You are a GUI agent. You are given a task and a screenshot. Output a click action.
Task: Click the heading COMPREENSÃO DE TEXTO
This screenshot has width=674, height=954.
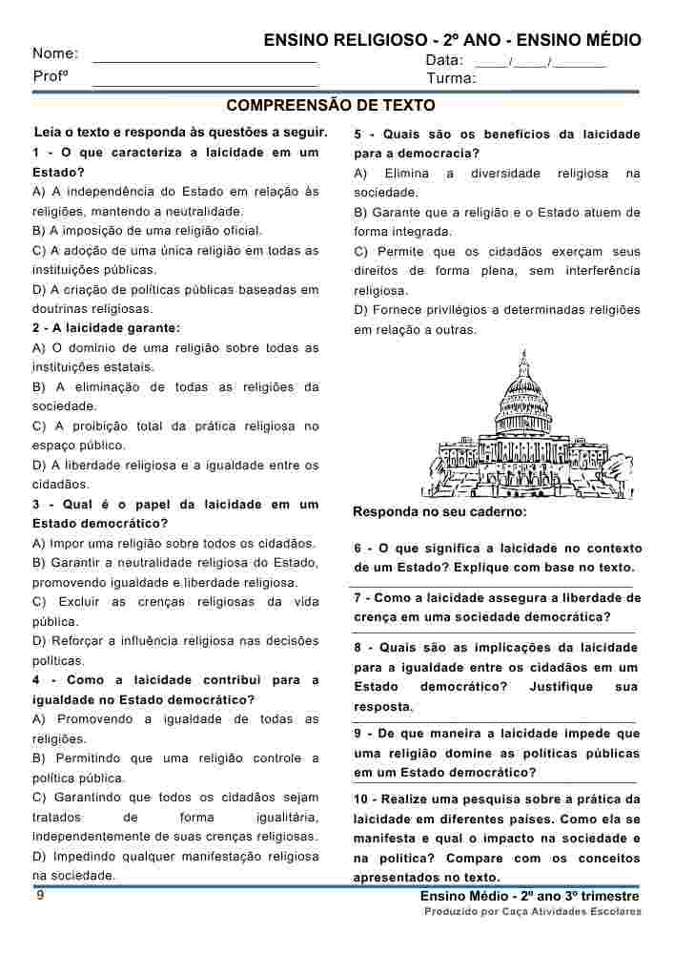(331, 105)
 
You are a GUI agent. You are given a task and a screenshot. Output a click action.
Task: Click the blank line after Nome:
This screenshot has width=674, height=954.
(205, 59)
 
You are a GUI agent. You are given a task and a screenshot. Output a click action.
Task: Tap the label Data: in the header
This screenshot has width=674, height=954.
(444, 60)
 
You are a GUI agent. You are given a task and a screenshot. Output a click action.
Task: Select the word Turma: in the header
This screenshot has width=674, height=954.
(451, 78)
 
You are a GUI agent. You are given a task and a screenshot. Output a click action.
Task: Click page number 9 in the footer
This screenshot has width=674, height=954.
(39, 896)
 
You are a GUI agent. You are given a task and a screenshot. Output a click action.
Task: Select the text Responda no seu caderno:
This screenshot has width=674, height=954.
(439, 512)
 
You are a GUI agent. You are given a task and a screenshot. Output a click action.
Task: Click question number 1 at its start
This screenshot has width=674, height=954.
(36, 153)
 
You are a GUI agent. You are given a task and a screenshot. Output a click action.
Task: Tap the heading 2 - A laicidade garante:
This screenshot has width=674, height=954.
(106, 328)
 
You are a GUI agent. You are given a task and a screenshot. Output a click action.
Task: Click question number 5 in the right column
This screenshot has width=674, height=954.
(357, 135)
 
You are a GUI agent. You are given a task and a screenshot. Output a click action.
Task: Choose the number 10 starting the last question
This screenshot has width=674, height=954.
(361, 799)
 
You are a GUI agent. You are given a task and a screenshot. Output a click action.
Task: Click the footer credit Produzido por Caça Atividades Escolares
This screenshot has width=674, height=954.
(532, 912)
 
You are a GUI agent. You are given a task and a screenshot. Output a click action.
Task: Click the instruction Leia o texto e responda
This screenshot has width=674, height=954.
(180, 132)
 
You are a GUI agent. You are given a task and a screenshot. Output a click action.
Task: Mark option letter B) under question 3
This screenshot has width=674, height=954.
(39, 563)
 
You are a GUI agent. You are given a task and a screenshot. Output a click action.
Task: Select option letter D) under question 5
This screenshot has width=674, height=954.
(360, 310)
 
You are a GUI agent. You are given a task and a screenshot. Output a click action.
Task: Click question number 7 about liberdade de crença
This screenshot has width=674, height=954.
(357, 598)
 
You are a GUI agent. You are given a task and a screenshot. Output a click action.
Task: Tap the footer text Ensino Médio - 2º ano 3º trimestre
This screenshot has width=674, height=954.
(528, 897)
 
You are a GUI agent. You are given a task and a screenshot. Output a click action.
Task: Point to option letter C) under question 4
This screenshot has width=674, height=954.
(39, 798)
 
